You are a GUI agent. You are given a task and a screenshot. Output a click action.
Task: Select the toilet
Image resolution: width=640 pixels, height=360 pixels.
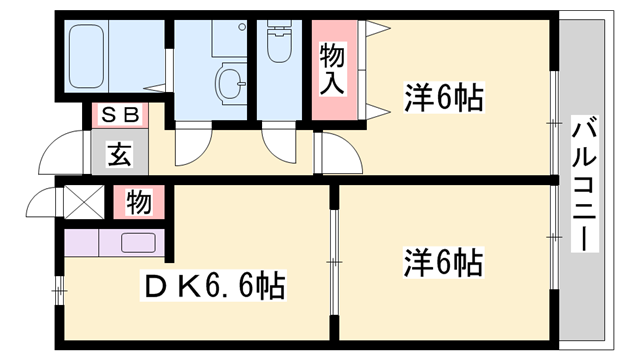(x=279, y=44)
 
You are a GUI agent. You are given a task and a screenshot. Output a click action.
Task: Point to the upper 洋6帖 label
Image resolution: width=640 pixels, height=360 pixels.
(x=444, y=99)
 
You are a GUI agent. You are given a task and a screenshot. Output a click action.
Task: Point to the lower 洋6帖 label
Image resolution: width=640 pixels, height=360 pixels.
(x=444, y=263)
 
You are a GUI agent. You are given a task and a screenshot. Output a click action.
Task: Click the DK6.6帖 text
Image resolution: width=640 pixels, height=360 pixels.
(x=218, y=288)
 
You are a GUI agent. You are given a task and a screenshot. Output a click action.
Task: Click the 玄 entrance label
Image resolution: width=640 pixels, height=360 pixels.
(x=120, y=155)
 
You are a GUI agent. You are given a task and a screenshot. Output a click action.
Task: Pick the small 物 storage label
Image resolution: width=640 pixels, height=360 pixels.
(x=139, y=203)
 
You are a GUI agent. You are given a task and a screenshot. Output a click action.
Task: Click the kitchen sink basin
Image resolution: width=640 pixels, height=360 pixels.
(x=135, y=242)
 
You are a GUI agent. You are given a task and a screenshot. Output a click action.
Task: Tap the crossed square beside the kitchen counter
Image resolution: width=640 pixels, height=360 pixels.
(x=79, y=202)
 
